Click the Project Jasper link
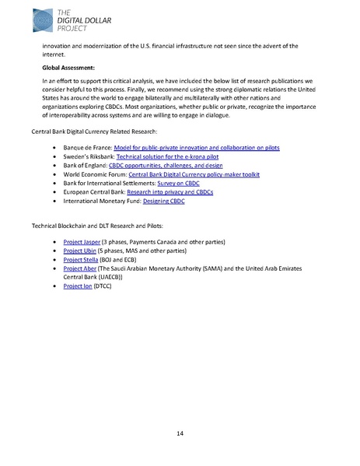79,244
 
